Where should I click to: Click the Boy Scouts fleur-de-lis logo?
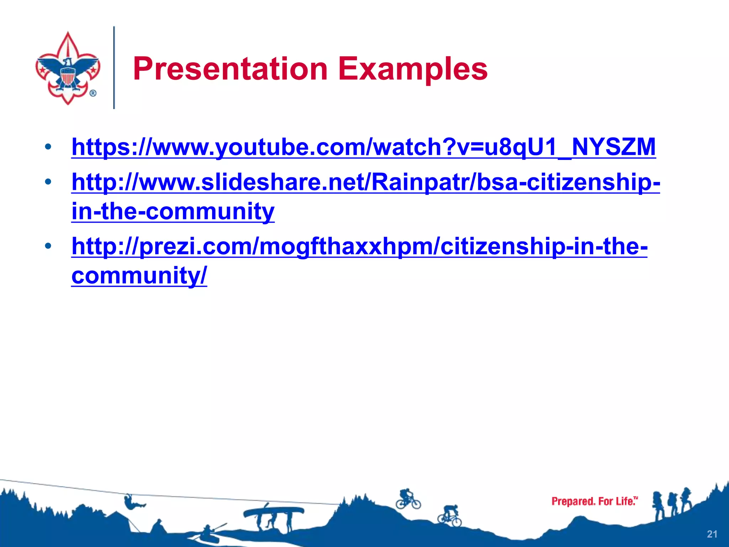coord(68,68)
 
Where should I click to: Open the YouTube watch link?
coord(363,147)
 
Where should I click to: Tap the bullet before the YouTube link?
coord(48,147)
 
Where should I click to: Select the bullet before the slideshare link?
coord(48,182)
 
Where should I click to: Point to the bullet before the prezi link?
coord(48,246)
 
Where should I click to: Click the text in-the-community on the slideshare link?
coord(173,211)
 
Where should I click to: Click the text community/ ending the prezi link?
coord(139,275)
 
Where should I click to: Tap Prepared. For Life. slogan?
coord(594,501)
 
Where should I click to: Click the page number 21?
coord(712,534)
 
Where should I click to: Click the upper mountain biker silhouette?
coord(408,499)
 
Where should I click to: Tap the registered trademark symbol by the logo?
coord(93,93)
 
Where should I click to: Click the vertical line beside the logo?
coord(114,68)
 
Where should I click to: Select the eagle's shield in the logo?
coord(68,76)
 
